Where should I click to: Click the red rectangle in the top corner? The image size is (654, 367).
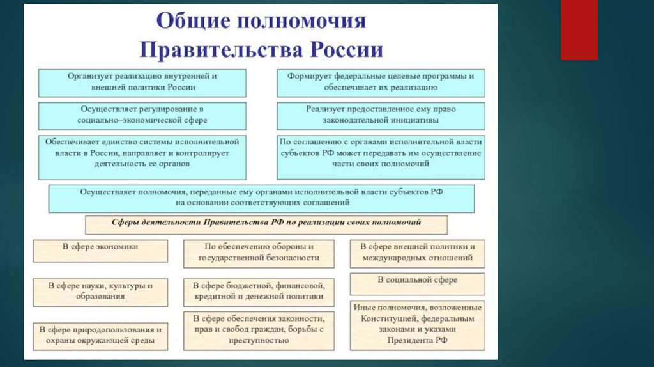579,30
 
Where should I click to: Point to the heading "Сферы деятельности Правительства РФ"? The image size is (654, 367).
266,224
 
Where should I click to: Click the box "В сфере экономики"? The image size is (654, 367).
100,250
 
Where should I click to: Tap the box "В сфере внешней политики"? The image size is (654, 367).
416,253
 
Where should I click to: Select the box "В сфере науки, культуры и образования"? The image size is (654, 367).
100,290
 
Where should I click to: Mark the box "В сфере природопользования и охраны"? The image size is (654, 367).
100,336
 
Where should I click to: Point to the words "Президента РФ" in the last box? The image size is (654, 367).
416,341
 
